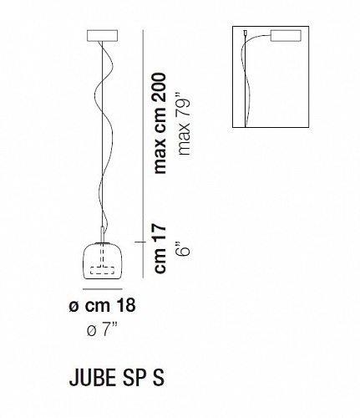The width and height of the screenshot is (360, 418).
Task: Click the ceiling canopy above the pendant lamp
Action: (103, 35)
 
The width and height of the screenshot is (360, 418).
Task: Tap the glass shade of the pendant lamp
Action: (104, 261)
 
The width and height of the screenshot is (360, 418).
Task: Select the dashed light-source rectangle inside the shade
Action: (103, 271)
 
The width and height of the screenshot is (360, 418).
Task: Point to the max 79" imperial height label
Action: (185, 123)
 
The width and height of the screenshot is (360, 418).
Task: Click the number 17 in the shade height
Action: (160, 233)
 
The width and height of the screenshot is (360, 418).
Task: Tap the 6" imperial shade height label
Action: (184, 247)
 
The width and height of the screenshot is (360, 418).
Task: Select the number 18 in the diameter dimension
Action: (124, 305)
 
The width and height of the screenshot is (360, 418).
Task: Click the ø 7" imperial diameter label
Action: (101, 331)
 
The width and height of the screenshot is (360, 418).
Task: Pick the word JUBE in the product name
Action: (93, 378)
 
